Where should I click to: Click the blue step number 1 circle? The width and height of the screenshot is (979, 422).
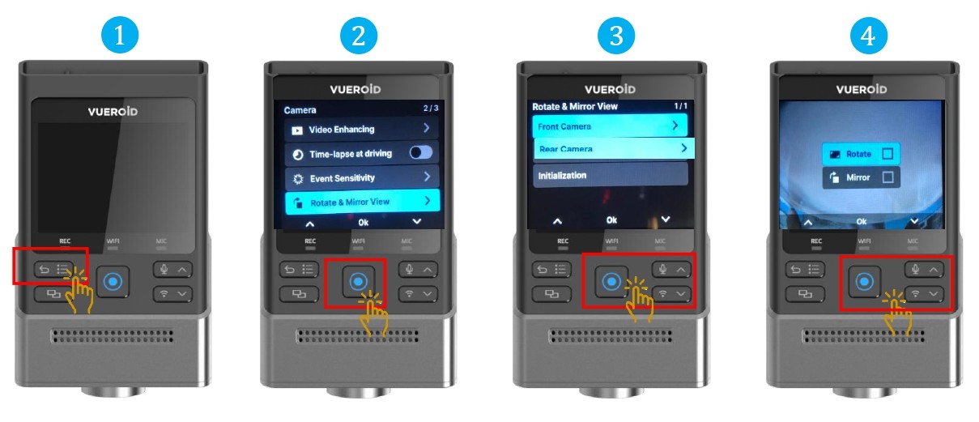point(120,35)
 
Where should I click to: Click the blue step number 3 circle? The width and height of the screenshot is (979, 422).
point(616,36)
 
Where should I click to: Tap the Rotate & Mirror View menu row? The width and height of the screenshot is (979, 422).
point(362,202)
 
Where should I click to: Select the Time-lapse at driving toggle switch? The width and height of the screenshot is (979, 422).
point(421,152)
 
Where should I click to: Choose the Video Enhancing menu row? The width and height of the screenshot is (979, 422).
point(361,129)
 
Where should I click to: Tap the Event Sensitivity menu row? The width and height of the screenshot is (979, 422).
point(361,178)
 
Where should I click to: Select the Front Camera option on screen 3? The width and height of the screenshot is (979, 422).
point(610,126)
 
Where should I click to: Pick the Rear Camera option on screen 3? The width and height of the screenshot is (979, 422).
point(614,149)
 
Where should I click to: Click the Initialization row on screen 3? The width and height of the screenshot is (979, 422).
point(610,175)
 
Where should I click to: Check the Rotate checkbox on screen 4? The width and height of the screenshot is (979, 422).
point(887,154)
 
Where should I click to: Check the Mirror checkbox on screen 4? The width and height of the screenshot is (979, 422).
point(887,177)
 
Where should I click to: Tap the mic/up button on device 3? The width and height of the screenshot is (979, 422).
point(671,270)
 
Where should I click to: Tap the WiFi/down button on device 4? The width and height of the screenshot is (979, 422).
point(924,294)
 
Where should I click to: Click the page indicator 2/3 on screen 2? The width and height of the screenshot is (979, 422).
point(431,108)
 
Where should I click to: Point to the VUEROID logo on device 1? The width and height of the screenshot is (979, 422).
point(113,112)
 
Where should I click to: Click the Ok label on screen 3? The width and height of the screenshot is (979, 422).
point(611,220)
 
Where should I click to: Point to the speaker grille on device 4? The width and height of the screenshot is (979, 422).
point(863,336)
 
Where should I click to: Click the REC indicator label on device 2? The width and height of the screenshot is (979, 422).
point(310,241)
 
